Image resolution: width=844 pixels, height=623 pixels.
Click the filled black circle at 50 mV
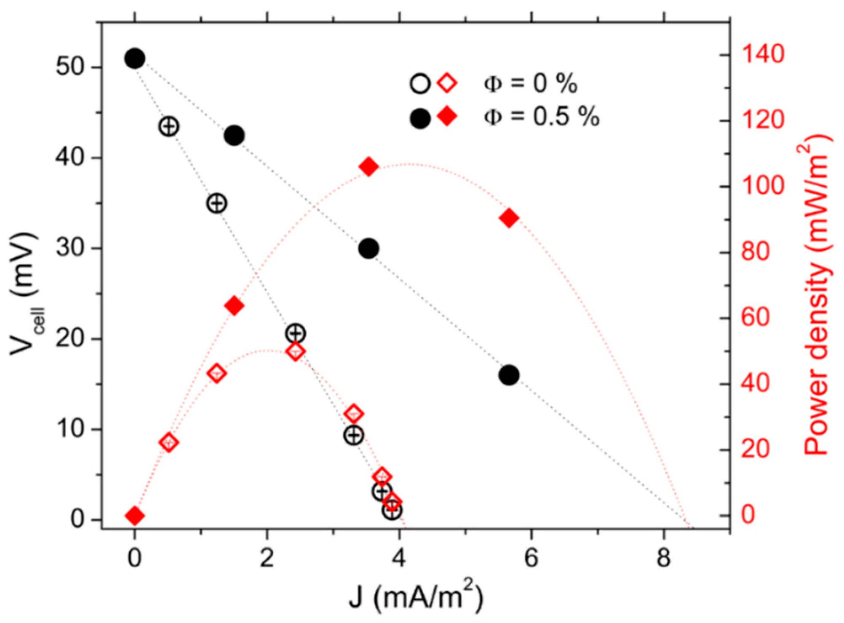point(135,59)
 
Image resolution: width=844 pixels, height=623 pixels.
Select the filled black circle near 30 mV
point(369,249)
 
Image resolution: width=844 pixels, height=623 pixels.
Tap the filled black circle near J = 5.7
point(509,375)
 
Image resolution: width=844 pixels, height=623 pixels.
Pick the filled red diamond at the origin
point(135,516)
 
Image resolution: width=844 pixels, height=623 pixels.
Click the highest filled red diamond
point(369,167)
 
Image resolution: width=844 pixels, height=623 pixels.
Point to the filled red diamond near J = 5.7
point(509,218)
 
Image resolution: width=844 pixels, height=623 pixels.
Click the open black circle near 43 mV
point(169,126)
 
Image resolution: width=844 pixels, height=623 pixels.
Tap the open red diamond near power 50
point(296,351)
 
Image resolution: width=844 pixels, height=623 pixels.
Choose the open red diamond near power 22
point(169,442)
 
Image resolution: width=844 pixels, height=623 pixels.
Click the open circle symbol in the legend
point(420,83)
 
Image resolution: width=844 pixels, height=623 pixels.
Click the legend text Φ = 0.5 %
point(541,116)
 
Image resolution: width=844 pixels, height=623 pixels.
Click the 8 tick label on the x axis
point(664,558)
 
